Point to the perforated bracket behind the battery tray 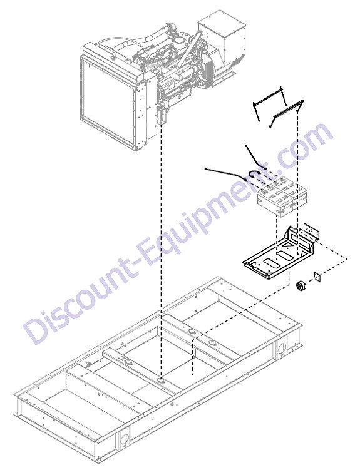pyautogui.click(x=312, y=231)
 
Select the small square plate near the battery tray pyautogui.click(x=317, y=277)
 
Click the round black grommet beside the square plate pyautogui.click(x=301, y=286)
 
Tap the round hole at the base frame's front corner pyautogui.click(x=125, y=437)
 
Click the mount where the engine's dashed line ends pyautogui.click(x=161, y=380)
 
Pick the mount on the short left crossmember pyautogui.click(x=128, y=361)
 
